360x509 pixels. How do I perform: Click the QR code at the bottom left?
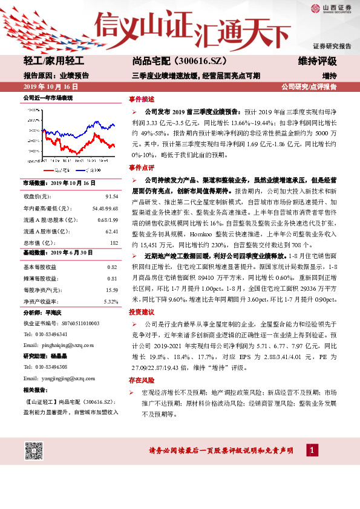tap(34, 451)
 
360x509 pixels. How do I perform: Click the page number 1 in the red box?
tap(311, 450)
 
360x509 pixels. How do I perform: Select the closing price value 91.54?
tap(111, 197)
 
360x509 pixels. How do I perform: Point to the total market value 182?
tap(113, 242)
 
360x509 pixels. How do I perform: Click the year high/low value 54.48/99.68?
tap(104, 209)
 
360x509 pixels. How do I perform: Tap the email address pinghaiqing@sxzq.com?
tap(57, 345)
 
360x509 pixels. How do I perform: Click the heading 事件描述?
tap(142, 99)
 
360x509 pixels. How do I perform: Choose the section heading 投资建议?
tap(142, 313)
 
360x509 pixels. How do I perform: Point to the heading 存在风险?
tap(142, 380)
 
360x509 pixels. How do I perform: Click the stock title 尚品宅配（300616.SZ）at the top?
tap(171, 61)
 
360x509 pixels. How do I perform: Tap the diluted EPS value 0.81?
tap(111, 278)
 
